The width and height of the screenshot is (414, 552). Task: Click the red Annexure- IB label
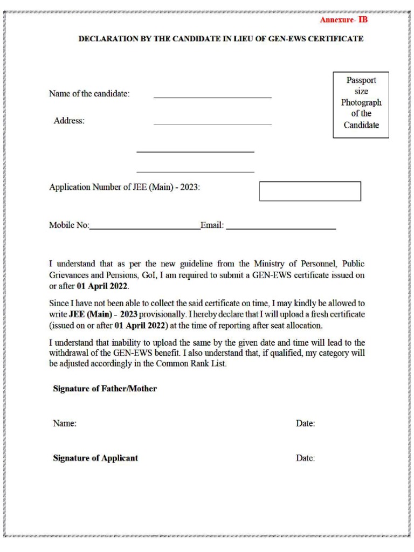click(343, 20)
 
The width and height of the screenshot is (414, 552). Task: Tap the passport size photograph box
click(361, 105)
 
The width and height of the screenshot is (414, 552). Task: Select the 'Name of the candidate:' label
click(89, 93)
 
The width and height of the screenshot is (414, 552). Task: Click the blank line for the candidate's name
click(212, 96)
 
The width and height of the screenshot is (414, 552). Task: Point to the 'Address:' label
click(69, 121)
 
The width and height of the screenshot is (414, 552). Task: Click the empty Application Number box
click(310, 191)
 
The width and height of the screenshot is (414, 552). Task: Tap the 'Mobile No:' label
click(69, 225)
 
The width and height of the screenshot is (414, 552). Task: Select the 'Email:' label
click(212, 225)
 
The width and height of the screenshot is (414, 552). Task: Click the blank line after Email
click(281, 229)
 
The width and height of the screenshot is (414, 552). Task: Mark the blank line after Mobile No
click(144, 229)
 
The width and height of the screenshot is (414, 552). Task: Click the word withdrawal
click(70, 353)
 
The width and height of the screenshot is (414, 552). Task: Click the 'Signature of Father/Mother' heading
click(105, 389)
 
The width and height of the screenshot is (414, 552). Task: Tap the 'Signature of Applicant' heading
click(95, 458)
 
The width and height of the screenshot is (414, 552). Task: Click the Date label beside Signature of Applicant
click(305, 458)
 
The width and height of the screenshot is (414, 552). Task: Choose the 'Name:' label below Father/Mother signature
click(65, 424)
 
